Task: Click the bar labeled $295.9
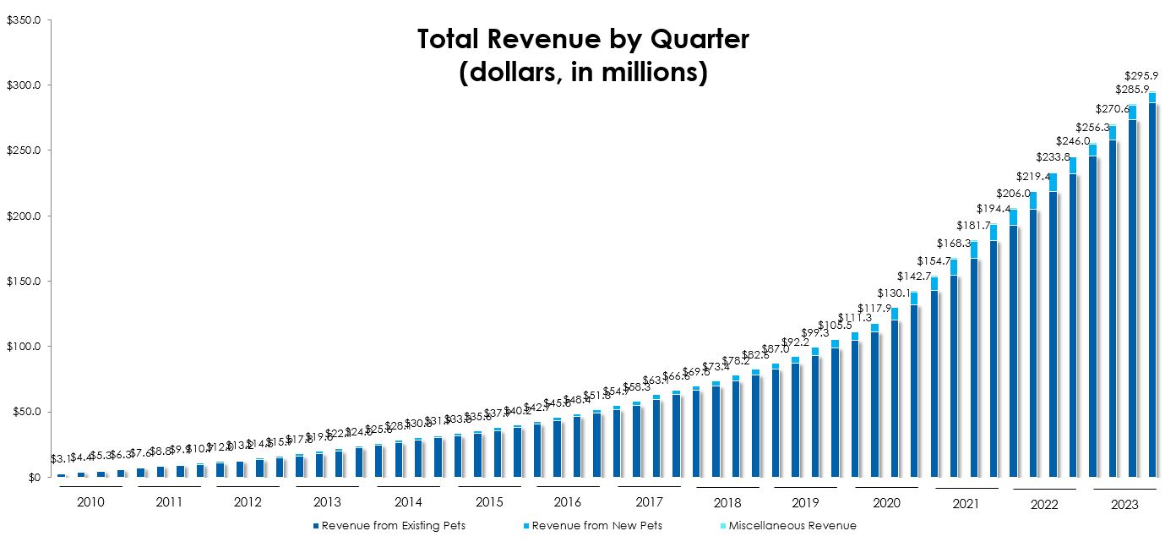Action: point(1152,287)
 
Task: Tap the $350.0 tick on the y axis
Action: point(23,19)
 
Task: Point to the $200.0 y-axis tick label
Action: point(23,216)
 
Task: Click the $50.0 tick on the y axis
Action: point(24,412)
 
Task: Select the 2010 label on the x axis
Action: point(90,502)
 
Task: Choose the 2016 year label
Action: point(569,502)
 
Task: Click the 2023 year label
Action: point(1124,504)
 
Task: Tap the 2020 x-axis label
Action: point(886,502)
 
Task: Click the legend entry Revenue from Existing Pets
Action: point(393,526)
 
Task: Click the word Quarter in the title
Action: point(692,40)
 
